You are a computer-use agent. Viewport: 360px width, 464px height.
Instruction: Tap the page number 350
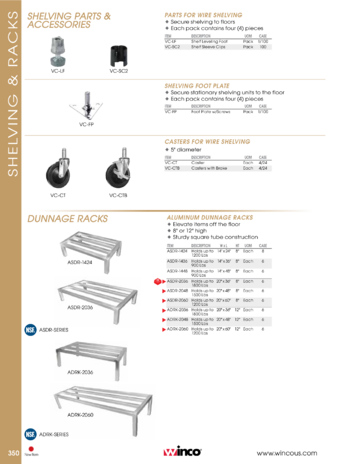coord(13,456)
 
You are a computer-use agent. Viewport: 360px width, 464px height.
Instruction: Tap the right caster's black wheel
coord(117,173)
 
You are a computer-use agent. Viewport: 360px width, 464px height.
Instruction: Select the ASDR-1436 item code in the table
coord(177,261)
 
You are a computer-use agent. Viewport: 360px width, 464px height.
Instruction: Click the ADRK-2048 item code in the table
coord(177,320)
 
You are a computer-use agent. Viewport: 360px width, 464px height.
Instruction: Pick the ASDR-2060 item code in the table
coord(177,301)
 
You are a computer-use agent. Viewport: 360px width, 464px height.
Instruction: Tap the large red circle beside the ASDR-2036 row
coord(157,282)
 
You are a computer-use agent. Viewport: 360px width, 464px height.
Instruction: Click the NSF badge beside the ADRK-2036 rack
coord(31,330)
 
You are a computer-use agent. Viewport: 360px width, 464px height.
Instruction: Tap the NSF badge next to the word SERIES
coord(31,434)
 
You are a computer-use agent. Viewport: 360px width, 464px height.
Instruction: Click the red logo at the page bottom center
coord(169,453)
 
